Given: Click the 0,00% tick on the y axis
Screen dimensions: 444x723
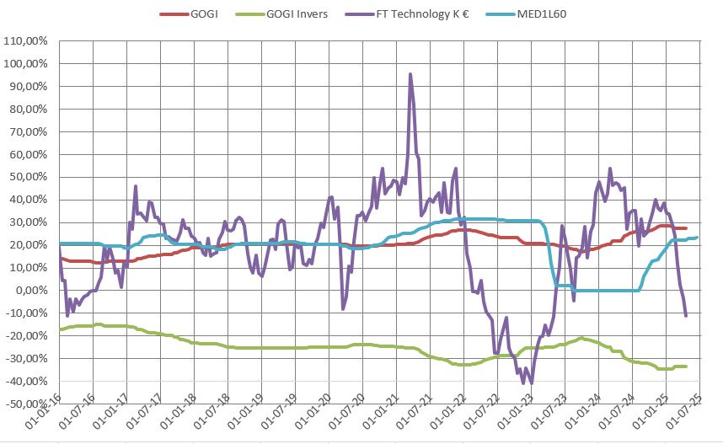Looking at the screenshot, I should tap(35, 291).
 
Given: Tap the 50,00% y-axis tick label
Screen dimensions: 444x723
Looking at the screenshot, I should tap(33, 177).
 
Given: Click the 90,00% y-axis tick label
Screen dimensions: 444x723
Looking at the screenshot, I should tap(33, 86).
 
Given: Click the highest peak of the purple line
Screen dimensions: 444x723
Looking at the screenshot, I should tap(410, 74).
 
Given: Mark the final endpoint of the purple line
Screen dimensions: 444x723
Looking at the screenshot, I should tap(686, 316).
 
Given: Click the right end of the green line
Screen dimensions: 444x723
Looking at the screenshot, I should tap(686, 366).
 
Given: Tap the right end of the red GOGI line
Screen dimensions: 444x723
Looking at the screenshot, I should tap(686, 228).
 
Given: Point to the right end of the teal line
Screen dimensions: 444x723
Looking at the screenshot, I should tap(696, 238).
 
